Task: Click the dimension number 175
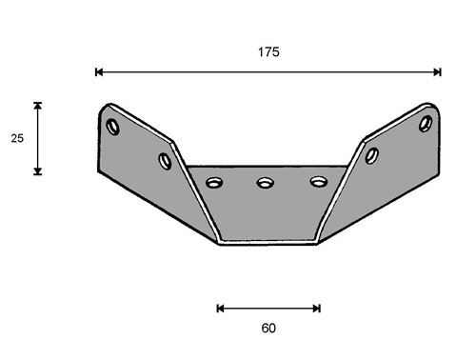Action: tap(268, 52)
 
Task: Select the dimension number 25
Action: tap(17, 138)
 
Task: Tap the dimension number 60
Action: tap(268, 328)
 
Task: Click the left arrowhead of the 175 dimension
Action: tap(99, 72)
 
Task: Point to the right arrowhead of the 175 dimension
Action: tap(437, 72)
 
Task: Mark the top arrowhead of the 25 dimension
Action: tap(38, 106)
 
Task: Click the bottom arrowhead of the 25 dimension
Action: tap(38, 171)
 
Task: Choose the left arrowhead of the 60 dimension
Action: tap(220, 309)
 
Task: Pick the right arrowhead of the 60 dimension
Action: tap(317, 309)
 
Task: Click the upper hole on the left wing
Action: tap(113, 127)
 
